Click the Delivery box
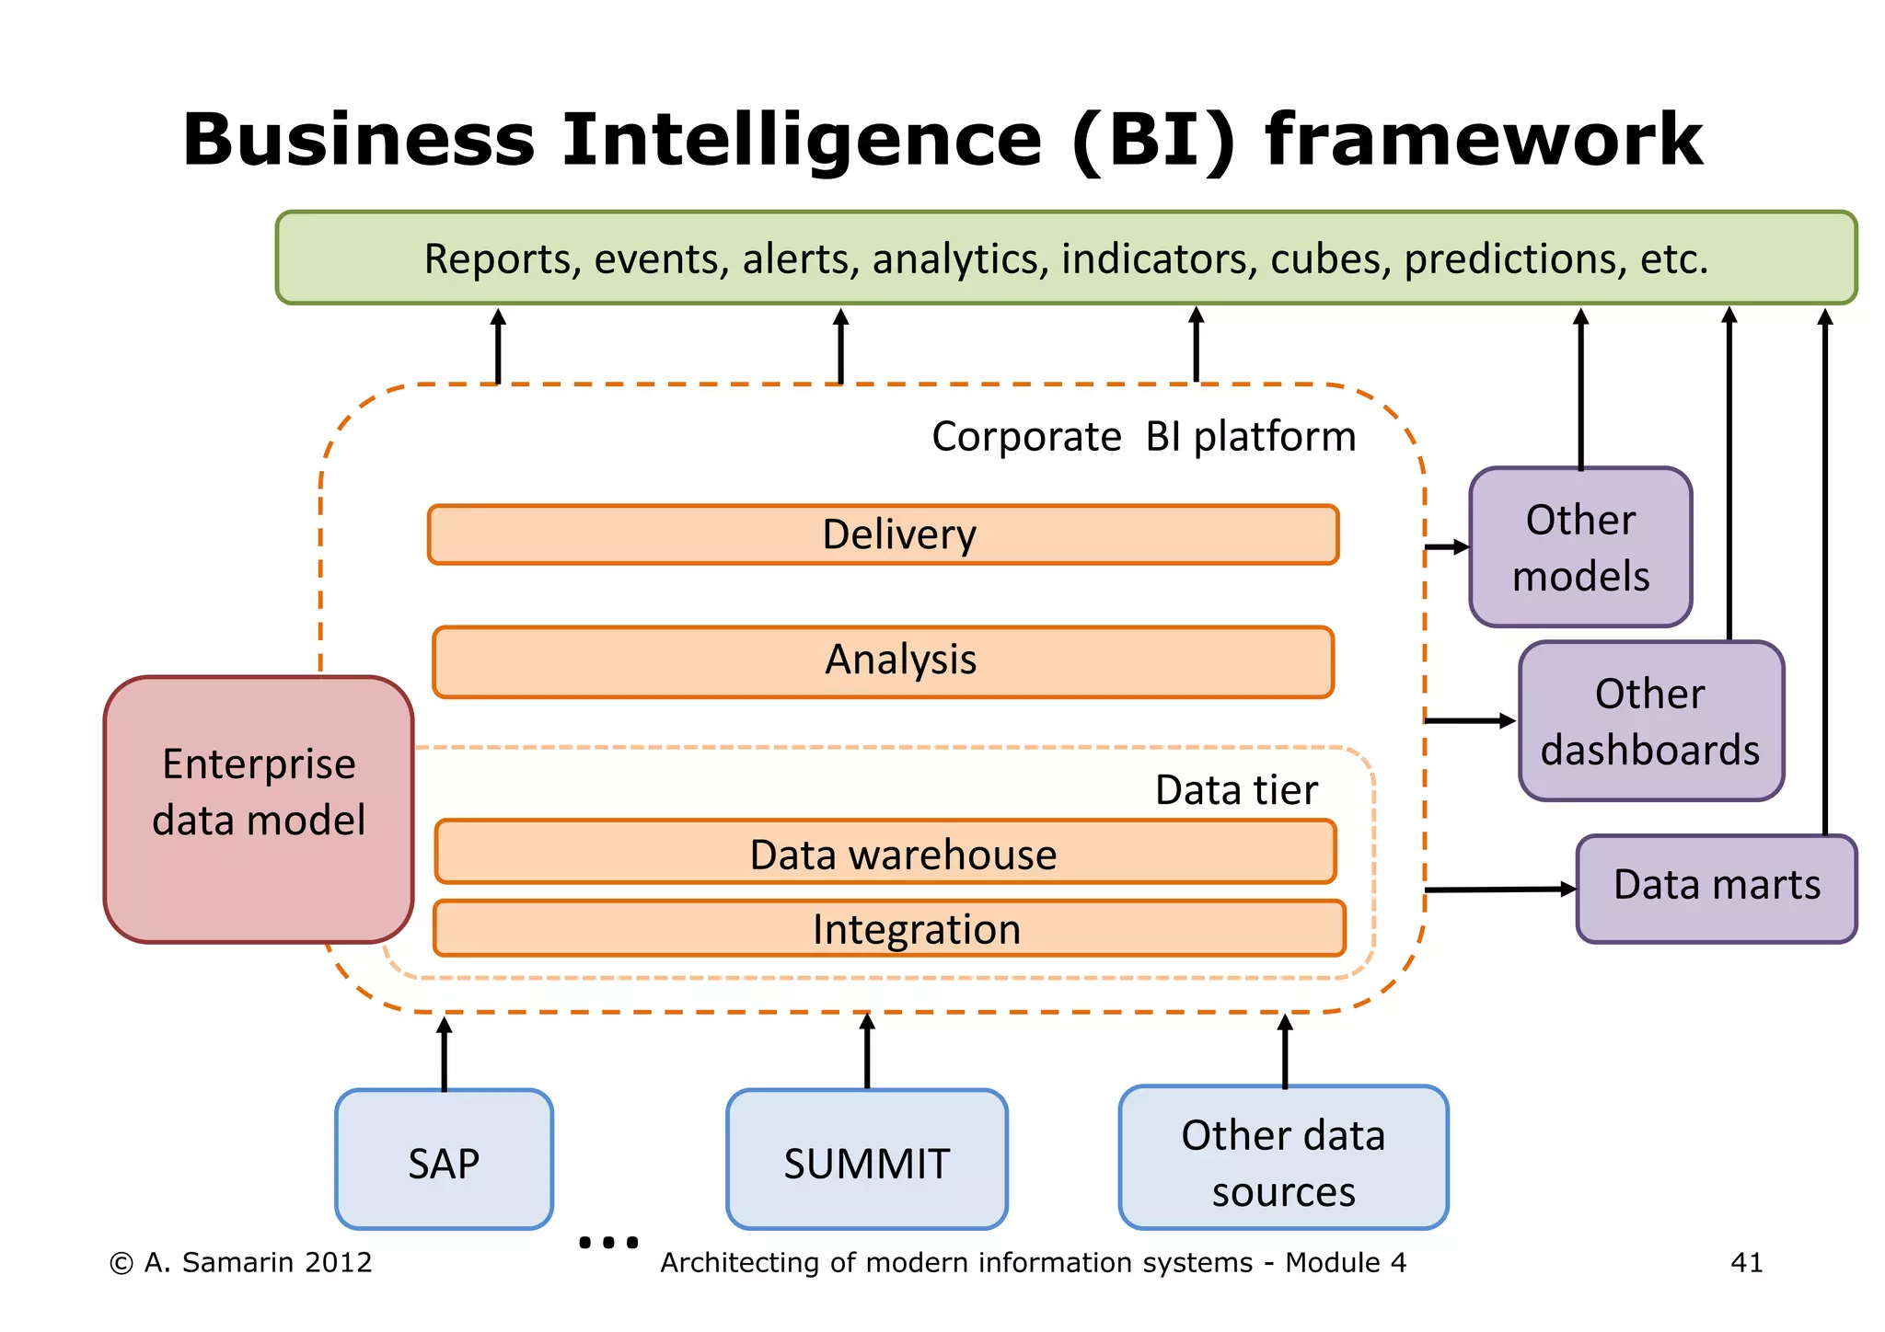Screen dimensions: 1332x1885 coord(883,534)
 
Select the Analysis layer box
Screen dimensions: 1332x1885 coord(883,661)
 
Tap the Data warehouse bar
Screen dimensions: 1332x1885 coord(885,853)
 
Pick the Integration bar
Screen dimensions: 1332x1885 coord(888,928)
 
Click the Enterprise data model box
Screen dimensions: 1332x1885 coord(259,810)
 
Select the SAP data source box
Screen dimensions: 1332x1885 coord(444,1159)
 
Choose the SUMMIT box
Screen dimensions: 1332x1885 coord(866,1160)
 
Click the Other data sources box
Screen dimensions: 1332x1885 coord(1283,1158)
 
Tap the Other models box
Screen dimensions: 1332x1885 coord(1580,547)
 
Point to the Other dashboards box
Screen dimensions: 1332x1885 coord(1650,721)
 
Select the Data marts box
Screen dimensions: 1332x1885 coord(1716,888)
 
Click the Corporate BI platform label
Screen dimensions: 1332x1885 coord(1143,436)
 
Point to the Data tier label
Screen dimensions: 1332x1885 coord(1235,789)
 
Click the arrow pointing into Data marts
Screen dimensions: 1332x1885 coord(1500,890)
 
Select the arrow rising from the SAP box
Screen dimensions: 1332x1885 coord(445,1053)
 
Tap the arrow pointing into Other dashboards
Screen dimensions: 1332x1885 coord(1469,721)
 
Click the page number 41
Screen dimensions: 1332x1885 coord(1746,1262)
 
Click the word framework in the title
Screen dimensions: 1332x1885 coord(1483,140)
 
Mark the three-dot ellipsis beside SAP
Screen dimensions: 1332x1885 coord(608,1243)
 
